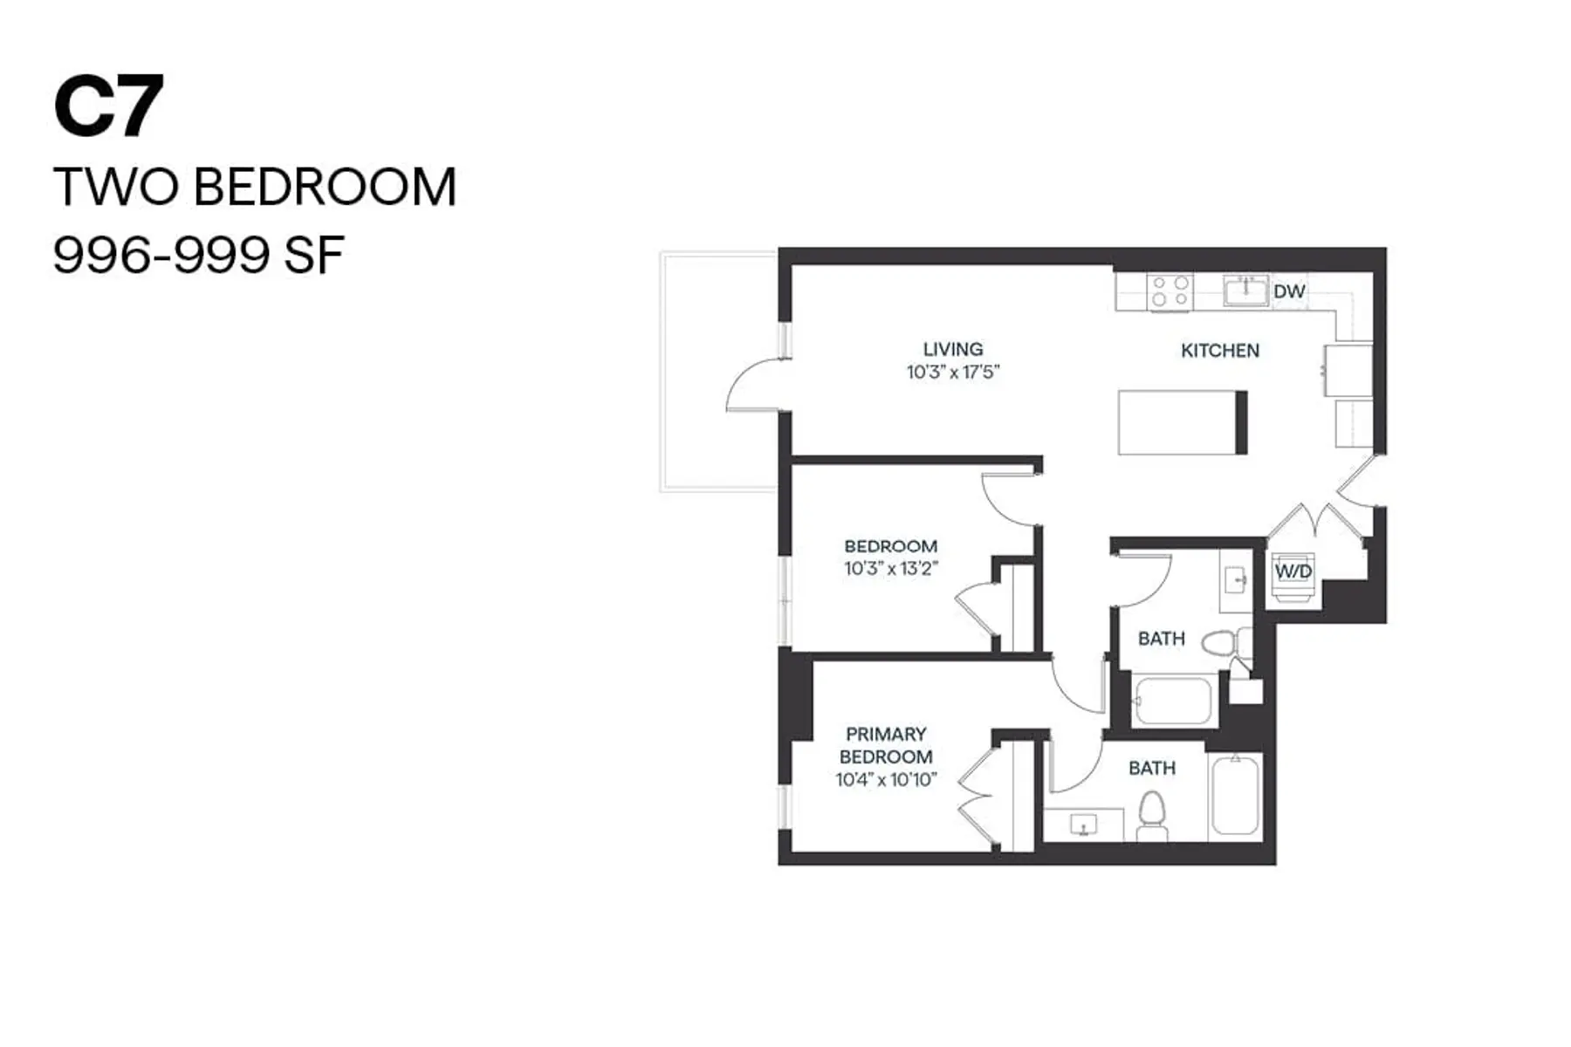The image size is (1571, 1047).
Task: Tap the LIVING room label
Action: point(952,349)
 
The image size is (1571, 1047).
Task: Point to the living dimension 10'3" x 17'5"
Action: point(952,373)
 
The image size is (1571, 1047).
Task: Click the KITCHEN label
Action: point(1219,351)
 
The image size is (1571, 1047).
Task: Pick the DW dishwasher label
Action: point(1288,291)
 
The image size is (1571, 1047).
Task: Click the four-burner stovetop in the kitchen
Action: point(1170,291)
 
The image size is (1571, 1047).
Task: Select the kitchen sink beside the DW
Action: point(1245,291)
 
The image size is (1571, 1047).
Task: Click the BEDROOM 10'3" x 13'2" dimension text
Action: point(890,569)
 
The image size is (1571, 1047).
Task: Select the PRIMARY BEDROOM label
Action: point(885,745)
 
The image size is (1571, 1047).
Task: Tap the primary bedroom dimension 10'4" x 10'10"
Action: point(885,780)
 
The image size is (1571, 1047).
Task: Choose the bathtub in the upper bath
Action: point(1172,701)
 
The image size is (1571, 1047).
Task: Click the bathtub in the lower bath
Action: point(1234,795)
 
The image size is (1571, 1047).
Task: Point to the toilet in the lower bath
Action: point(1152,813)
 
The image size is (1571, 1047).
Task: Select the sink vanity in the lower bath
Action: point(1083,824)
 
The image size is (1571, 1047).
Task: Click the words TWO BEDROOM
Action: point(254,187)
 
